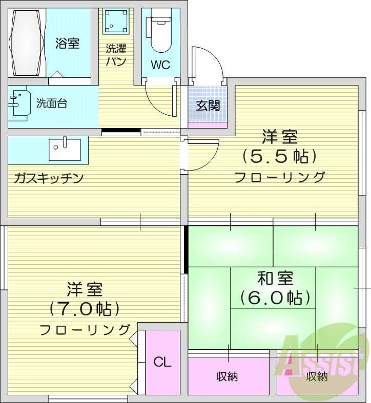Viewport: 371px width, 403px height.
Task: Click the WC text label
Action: [160, 65]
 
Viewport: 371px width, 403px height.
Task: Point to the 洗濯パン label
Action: [116, 55]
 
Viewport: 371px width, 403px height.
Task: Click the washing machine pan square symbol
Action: [116, 21]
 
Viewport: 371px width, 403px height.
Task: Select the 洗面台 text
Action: [52, 103]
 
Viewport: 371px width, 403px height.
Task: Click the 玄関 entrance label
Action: [208, 106]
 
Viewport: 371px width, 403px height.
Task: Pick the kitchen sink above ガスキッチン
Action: [65, 149]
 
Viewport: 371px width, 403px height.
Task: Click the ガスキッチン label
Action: [49, 179]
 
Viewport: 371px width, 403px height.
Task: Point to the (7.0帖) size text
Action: [85, 309]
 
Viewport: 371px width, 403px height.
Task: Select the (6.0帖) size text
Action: [275, 297]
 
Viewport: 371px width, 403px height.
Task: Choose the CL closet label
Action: [162, 362]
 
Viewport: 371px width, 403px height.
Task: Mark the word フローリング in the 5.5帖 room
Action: [280, 177]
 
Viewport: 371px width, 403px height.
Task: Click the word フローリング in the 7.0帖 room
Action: [85, 329]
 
